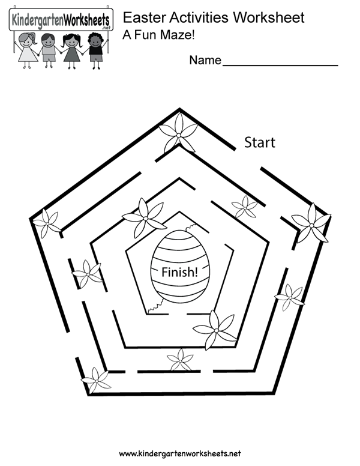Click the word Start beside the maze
pos(260,143)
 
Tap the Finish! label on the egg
pos(179,272)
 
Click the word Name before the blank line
pos(205,60)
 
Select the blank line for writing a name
pos(280,65)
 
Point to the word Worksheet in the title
pos(269,17)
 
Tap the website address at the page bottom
pos(180,453)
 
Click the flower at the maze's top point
pos(178,133)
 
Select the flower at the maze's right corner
pos(311,223)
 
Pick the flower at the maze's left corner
pos(46,223)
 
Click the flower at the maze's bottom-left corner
pos(95,380)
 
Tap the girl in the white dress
pos(28,50)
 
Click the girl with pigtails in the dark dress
pos(71,51)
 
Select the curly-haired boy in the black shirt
pos(95,50)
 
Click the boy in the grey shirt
pos(49,50)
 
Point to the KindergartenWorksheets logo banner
pos(61,20)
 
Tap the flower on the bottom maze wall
pos(180,360)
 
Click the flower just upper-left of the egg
pos(145,218)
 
